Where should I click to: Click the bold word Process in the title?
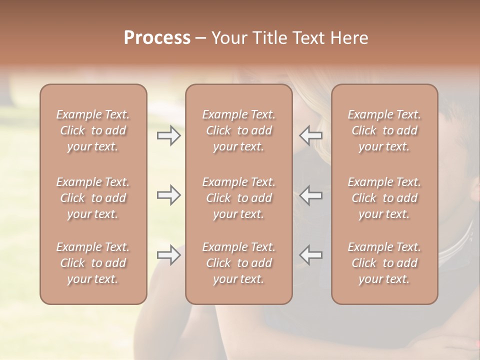click(x=157, y=38)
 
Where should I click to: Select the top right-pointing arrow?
click(x=169, y=135)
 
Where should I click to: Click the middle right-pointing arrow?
click(x=169, y=195)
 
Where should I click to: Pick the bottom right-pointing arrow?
click(x=169, y=255)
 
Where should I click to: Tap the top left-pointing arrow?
click(x=311, y=135)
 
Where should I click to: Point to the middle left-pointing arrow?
click(x=311, y=195)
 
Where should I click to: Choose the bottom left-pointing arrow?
click(x=311, y=255)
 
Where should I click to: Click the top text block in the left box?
click(x=93, y=130)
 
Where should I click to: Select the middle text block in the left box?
click(x=93, y=198)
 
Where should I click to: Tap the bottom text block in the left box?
click(x=93, y=263)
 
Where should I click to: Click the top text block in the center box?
click(x=239, y=130)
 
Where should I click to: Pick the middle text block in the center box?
click(x=239, y=198)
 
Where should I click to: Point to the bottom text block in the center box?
click(x=239, y=263)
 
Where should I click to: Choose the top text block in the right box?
click(x=384, y=130)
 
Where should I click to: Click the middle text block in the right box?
click(x=384, y=198)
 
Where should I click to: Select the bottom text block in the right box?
click(x=384, y=263)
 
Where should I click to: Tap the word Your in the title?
click(x=228, y=38)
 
